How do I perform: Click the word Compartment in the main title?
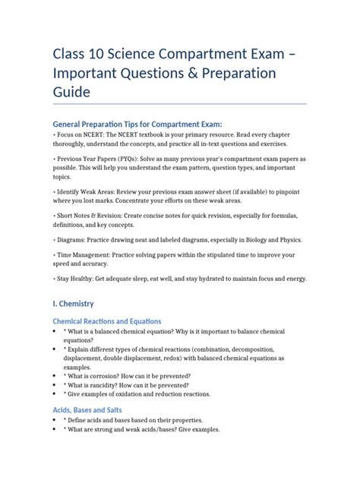click(x=196, y=52)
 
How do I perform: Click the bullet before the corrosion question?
click(x=55, y=376)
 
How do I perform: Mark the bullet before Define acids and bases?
click(x=55, y=420)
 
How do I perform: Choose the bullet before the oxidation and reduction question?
click(x=55, y=394)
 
